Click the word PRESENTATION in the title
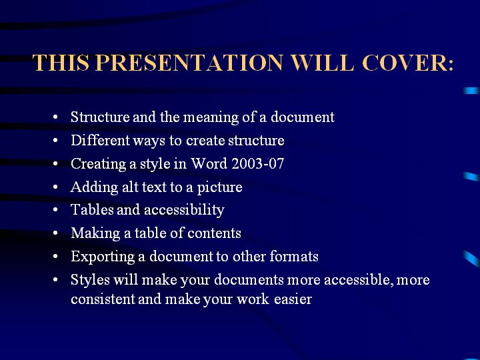pos(189,63)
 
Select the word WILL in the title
pos(323,63)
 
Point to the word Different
pos(101,140)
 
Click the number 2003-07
pos(258,163)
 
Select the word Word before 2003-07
pos(209,163)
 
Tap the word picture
pos(219,187)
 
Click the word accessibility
pos(184,211)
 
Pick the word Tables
pos(92,210)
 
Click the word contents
pos(214,233)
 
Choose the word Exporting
pos(103,257)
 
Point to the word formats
pos(294,256)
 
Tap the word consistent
pos(103,299)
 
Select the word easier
pos(293,299)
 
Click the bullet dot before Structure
pos(55,117)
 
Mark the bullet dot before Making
pos(55,233)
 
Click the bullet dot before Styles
pos(55,280)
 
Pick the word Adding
pos(94,187)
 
